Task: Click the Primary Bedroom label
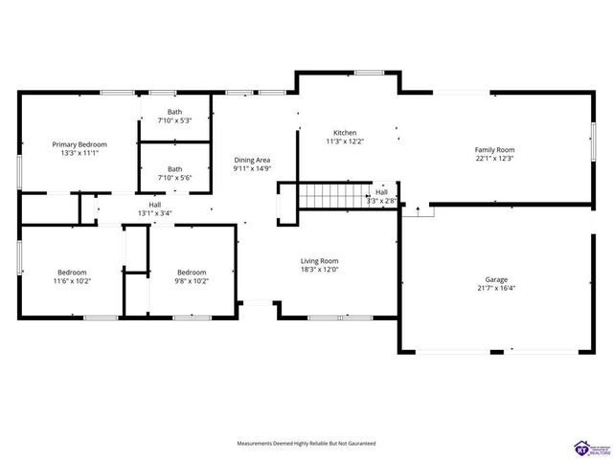pos(79,144)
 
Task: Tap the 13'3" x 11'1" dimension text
pos(79,153)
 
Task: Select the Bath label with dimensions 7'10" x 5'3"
pos(174,113)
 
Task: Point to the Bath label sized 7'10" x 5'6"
pos(174,169)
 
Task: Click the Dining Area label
pos(252,161)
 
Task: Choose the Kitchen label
pos(345,133)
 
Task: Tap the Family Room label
pos(495,150)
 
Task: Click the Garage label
pos(496,280)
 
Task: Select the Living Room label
pos(319,261)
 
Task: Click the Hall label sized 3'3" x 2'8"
pos(381,192)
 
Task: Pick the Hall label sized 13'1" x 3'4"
pos(154,205)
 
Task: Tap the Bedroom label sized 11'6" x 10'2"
pos(71,272)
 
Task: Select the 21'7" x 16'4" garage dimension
pos(496,288)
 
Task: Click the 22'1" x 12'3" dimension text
pos(495,159)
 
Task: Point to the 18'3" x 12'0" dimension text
pos(319,269)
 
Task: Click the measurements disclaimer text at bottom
pos(306,444)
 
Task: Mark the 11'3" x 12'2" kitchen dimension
pos(345,142)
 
